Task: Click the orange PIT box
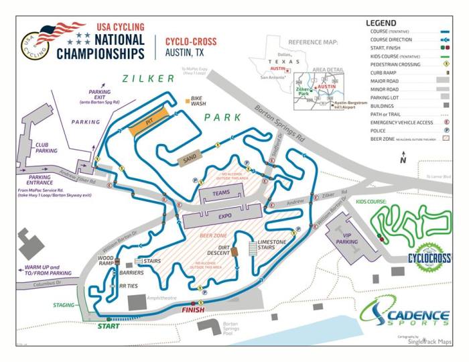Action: tap(149, 125)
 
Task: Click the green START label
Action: tap(109, 326)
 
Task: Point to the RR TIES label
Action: tap(128, 286)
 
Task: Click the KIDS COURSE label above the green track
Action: tap(372, 200)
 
